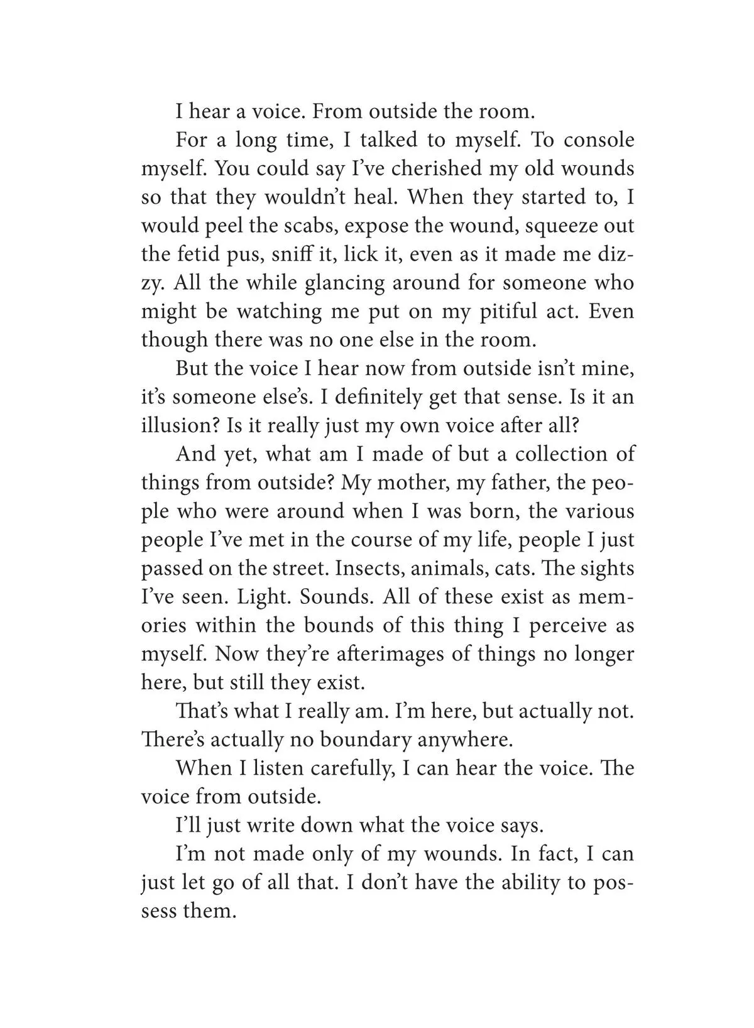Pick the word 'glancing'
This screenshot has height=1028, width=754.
click(344, 283)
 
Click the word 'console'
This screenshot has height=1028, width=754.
click(598, 140)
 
